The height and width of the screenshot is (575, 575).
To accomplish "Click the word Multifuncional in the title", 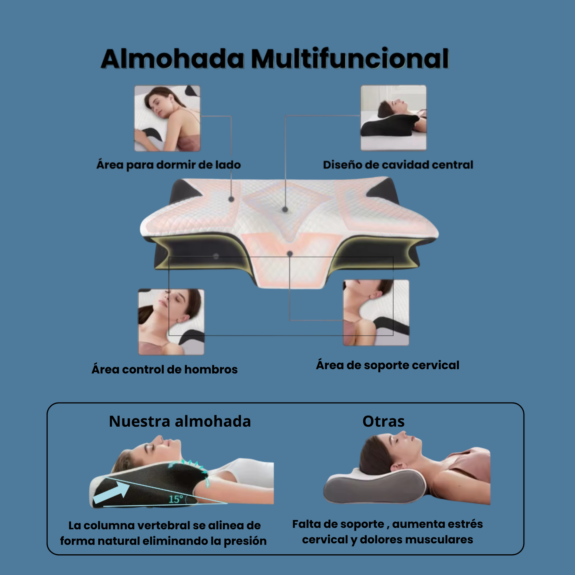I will (350, 59).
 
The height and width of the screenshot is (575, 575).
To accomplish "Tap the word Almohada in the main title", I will (172, 59).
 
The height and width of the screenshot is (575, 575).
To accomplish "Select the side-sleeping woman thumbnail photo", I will (167, 118).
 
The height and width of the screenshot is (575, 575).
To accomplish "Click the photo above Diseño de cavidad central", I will (394, 118).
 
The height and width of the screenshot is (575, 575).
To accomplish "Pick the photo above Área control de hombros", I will (171, 322).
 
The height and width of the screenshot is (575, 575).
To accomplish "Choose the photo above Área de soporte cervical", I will (376, 313).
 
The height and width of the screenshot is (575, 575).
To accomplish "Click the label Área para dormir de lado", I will (168, 165).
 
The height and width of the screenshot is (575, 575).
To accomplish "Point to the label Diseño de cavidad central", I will (398, 165).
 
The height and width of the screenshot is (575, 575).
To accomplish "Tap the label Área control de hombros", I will (164, 369).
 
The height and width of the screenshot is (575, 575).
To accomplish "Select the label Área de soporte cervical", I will (388, 365).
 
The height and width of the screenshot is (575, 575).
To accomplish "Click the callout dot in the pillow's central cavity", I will (285, 210).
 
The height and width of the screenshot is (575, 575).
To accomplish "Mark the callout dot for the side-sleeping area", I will (231, 200).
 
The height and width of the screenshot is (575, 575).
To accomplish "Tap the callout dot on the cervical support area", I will (290, 254).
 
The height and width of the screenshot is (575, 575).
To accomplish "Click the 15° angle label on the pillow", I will (176, 499).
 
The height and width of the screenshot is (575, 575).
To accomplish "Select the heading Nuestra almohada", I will (180, 421).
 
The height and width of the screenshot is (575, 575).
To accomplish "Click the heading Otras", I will (383, 421).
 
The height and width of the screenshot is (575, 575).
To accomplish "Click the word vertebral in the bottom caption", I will (163, 526).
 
